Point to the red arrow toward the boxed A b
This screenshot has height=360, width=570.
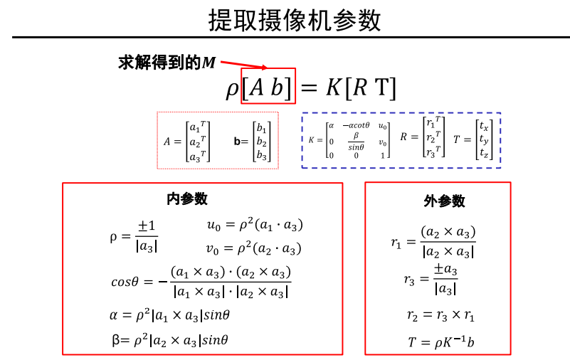241,65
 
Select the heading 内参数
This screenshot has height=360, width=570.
187,199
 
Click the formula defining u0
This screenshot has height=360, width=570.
254,225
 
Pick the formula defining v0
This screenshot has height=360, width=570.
254,248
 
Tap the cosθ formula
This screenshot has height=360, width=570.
201,282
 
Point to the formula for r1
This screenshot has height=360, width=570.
433,242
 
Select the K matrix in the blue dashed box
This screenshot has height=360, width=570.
349,139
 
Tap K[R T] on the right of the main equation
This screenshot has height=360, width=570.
361,89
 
